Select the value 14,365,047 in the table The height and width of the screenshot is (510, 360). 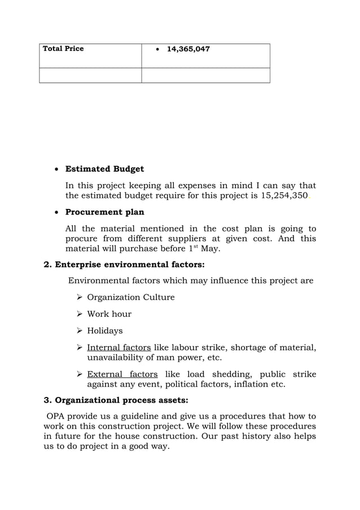coord(188,50)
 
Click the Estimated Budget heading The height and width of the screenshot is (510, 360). coord(104,169)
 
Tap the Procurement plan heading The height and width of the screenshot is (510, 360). coord(104,212)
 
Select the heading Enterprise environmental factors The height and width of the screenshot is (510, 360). coord(124,264)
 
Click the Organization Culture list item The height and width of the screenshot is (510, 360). coord(130,298)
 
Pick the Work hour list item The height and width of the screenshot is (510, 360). coord(109,314)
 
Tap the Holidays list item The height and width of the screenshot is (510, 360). coord(104,331)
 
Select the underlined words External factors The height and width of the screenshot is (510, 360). coord(122,374)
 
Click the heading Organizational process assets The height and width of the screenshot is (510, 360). coord(116,401)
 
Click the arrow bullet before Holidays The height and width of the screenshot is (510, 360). coord(80,331)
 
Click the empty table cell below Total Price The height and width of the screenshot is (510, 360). coord(90,75)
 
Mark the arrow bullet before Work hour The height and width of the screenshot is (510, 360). coord(80,314)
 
